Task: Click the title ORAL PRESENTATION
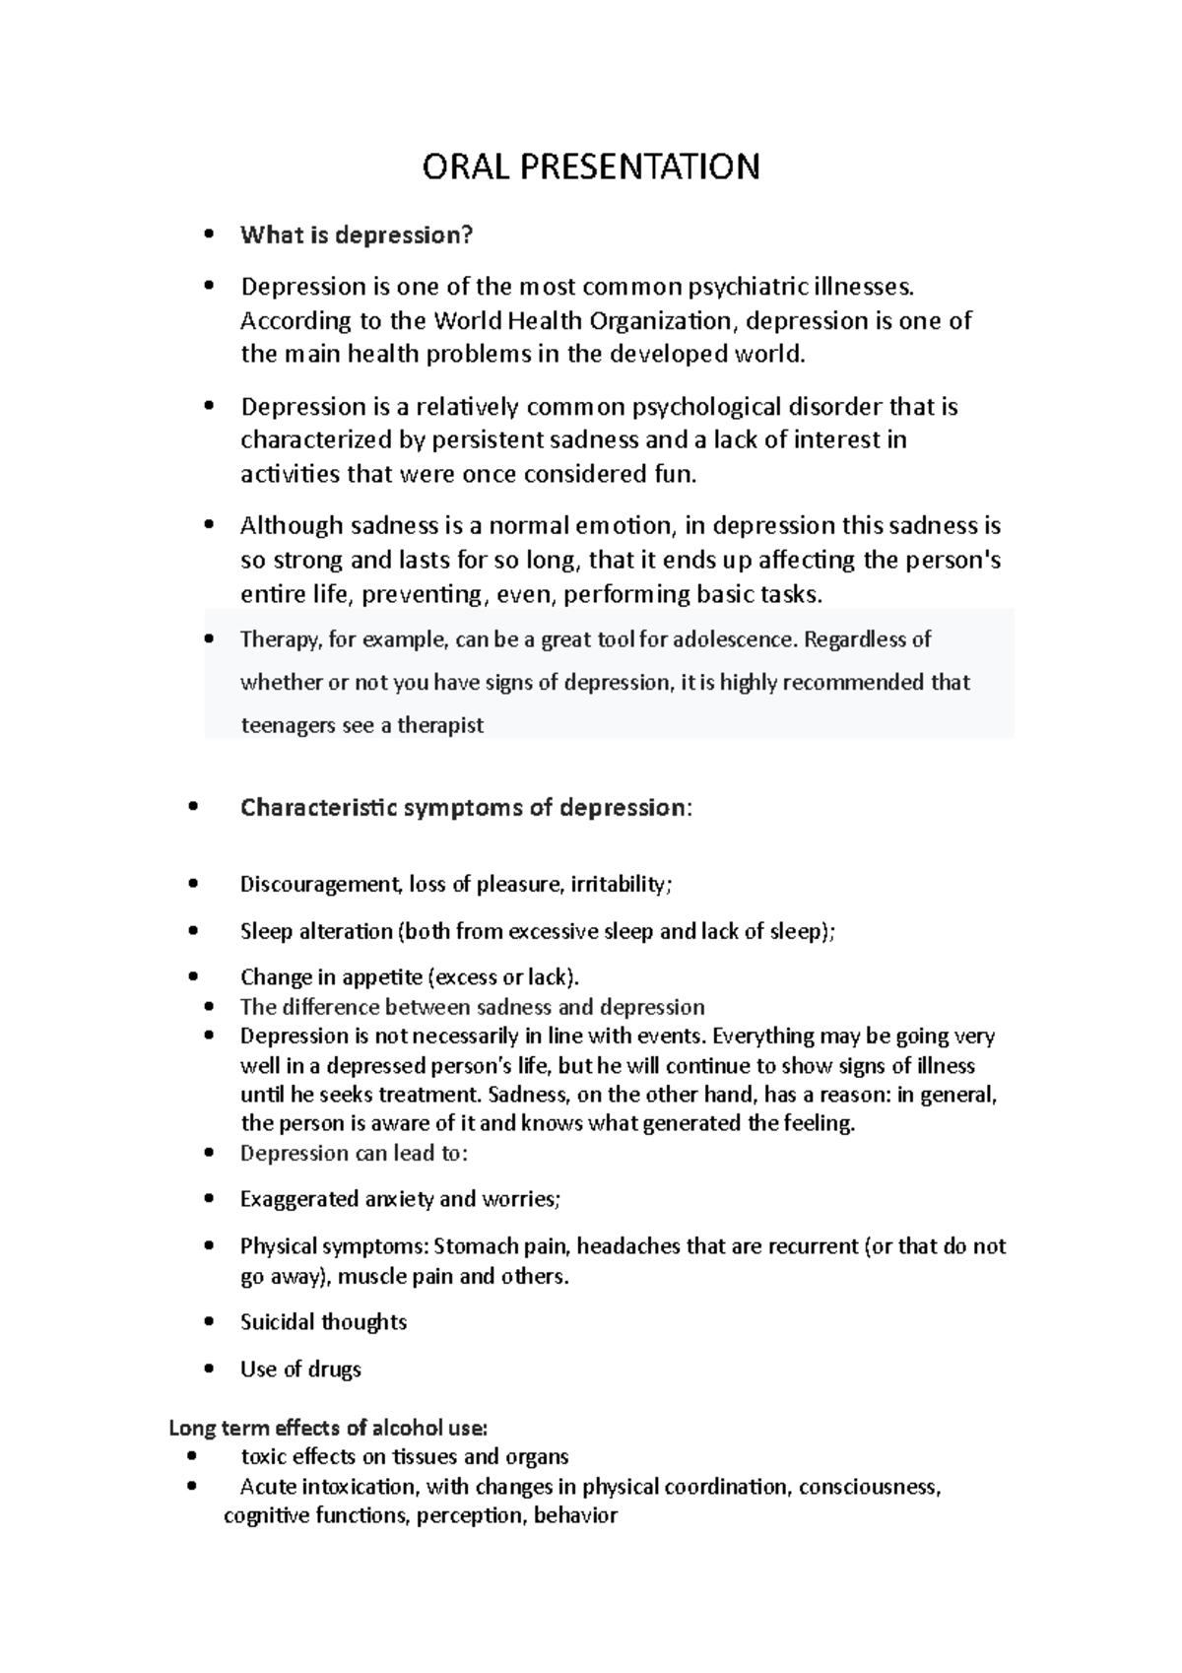[x=591, y=167]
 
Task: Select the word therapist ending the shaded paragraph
[x=440, y=726]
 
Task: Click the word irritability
[x=620, y=885]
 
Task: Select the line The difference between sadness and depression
[x=473, y=1007]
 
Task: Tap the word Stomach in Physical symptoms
[x=477, y=1246]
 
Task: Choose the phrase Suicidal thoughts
[x=323, y=1322]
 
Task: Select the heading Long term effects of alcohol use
[x=328, y=1428]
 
